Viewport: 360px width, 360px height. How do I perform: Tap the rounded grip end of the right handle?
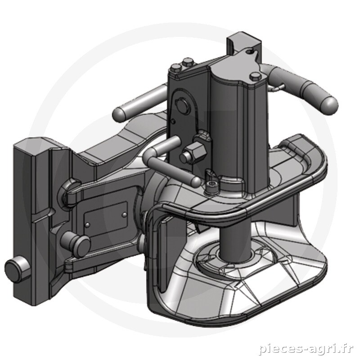[329, 106]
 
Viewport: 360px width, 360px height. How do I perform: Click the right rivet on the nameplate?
[125, 214]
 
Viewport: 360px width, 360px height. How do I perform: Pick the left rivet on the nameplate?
[87, 224]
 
